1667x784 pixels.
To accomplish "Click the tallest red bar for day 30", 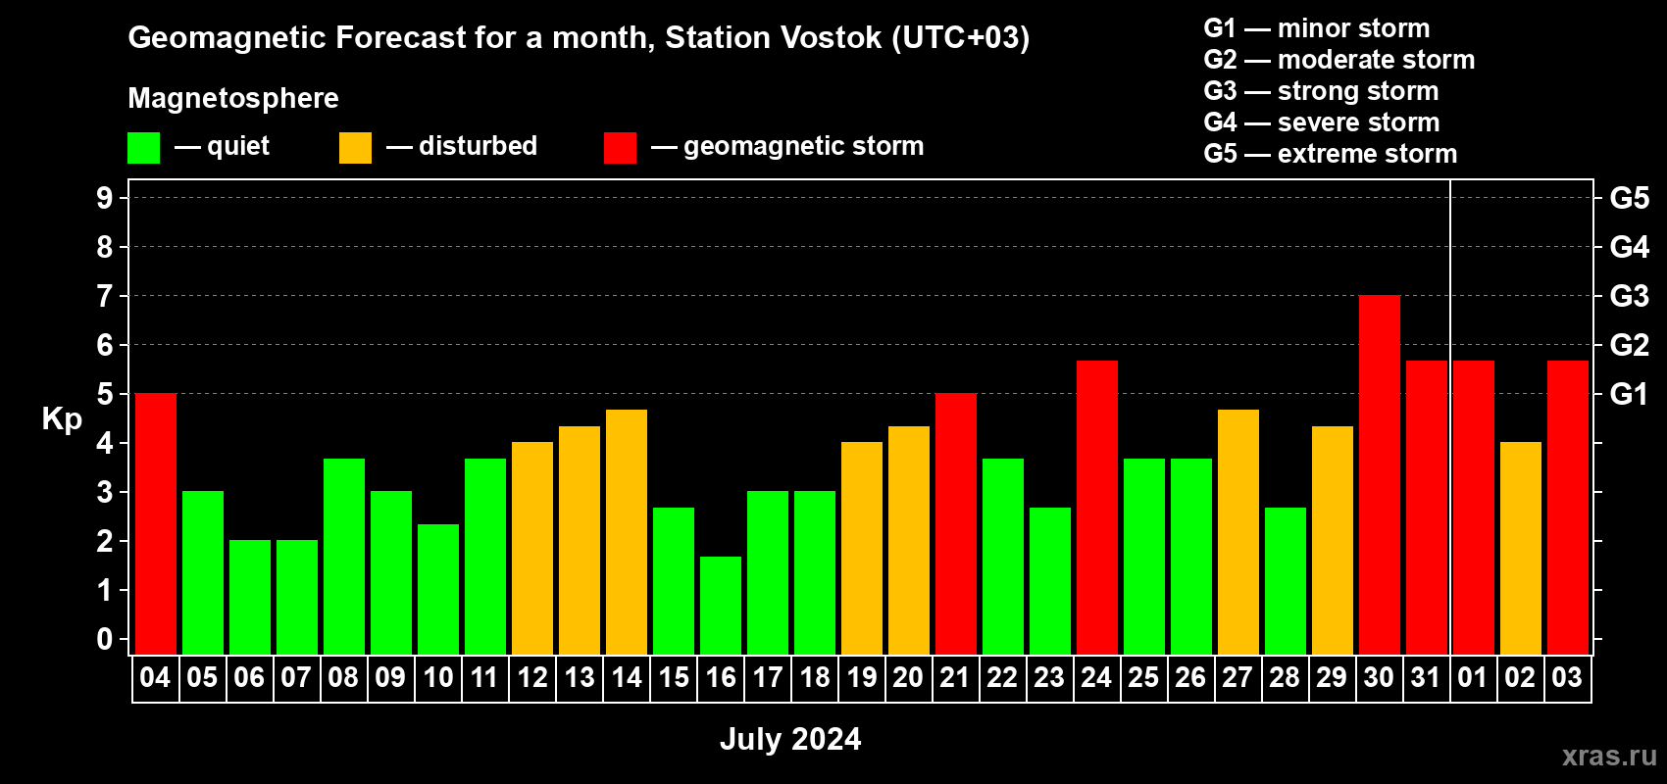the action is (1379, 474).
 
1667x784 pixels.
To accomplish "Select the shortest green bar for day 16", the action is (721, 606).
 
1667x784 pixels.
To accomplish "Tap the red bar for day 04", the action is (156, 523).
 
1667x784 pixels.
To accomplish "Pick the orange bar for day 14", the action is (627, 532).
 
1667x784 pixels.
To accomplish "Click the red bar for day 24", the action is (1097, 508).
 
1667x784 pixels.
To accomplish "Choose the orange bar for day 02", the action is (1520, 548).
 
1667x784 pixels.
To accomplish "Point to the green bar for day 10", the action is (438, 589).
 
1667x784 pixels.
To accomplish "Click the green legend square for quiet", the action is (143, 147).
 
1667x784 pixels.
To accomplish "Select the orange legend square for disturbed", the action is (355, 147).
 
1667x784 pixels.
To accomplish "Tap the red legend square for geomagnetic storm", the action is (620, 147).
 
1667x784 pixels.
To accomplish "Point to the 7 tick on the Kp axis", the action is (105, 296).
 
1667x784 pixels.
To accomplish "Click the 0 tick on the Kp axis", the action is (105, 639).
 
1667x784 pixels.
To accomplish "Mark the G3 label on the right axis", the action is (1629, 296).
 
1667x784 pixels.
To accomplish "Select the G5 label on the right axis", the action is (1629, 198).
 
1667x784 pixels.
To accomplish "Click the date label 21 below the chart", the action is (955, 677).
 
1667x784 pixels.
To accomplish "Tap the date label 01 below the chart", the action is (1473, 677).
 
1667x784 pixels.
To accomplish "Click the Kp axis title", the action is (62, 419).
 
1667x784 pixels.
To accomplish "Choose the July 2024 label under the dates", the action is (790, 739).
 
